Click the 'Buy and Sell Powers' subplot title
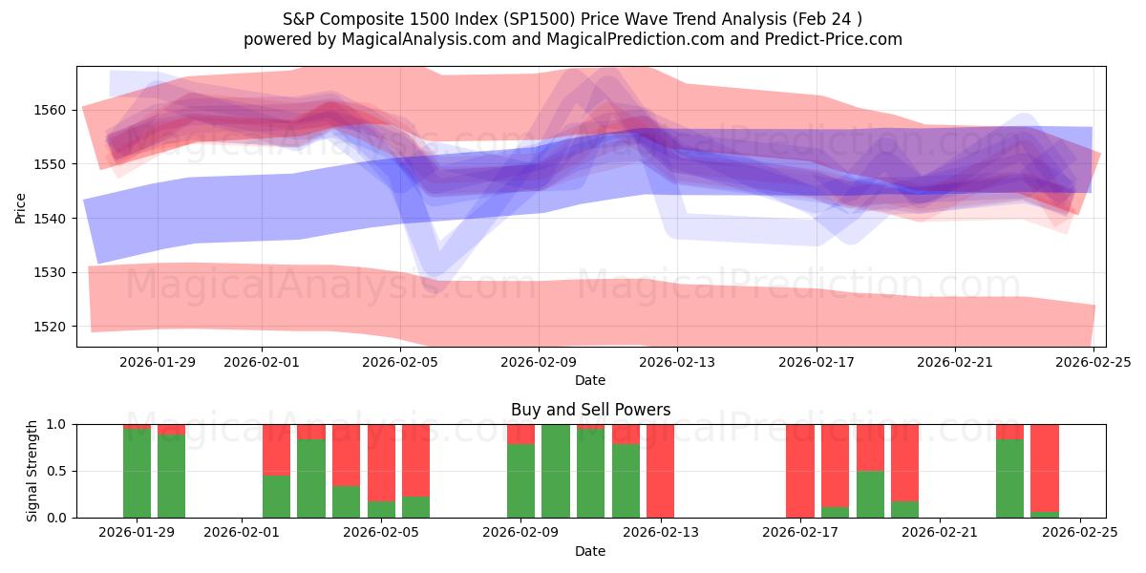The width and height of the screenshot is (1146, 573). click(x=590, y=410)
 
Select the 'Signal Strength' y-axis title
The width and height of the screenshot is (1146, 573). click(x=32, y=471)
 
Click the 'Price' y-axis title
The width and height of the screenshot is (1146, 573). click(x=21, y=207)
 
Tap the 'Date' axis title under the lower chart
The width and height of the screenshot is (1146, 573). click(x=590, y=551)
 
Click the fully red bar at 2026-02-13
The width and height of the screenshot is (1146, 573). click(x=661, y=471)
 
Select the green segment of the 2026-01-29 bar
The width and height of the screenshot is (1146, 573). click(x=138, y=474)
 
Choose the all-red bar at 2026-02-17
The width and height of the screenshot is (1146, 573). click(x=800, y=471)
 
